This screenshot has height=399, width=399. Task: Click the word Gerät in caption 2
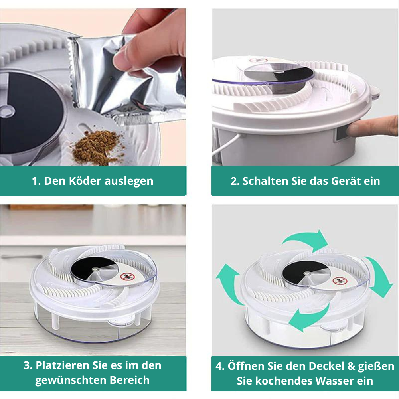(346, 181)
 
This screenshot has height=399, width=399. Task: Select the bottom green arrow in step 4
(311, 315)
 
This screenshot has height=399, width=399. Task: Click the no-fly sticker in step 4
(339, 280)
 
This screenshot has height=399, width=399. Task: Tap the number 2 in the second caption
(234, 181)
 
